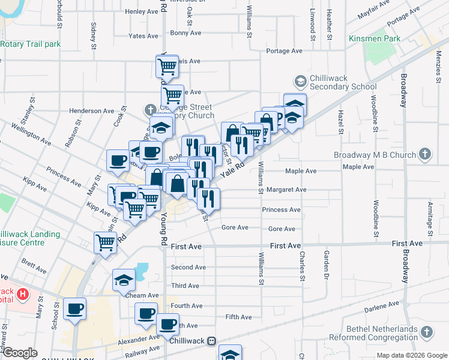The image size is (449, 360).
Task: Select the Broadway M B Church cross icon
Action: pos(424,154)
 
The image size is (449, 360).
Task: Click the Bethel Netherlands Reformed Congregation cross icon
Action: pos(426,332)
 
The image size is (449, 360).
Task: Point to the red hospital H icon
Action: pos(23,294)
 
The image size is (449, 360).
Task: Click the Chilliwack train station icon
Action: pos(211,341)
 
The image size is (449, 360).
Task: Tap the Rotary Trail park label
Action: pos(31,44)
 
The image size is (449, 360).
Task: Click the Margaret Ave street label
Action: pos(287,190)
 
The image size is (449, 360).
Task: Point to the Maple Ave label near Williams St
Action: pos(301,171)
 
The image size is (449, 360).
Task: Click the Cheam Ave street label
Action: pos(142,295)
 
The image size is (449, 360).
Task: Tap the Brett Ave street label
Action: pos(33,262)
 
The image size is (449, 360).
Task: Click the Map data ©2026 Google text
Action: pos(411,355)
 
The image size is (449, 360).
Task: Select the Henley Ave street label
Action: pos(141,11)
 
